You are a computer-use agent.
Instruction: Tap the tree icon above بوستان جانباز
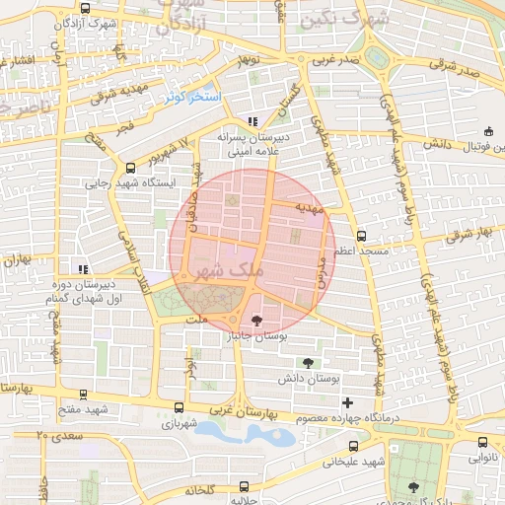pyautogui.click(x=257, y=321)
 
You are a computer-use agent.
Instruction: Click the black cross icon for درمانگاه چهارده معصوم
pyautogui.click(x=346, y=402)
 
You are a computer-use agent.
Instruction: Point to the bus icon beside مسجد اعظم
pyautogui.click(x=361, y=236)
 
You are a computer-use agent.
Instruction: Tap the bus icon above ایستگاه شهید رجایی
pyautogui.click(x=130, y=168)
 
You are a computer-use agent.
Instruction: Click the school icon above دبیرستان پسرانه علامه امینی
pyautogui.click(x=253, y=122)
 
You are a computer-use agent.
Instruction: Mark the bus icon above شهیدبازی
pyautogui.click(x=179, y=407)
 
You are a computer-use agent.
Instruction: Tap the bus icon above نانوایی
pyautogui.click(x=481, y=441)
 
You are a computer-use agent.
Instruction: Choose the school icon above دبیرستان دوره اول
pyautogui.click(x=84, y=268)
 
